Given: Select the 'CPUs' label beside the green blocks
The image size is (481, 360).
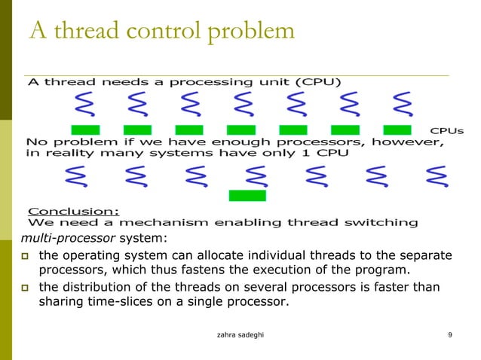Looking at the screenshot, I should [x=446, y=130].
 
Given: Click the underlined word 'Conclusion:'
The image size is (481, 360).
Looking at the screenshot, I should [x=73, y=210].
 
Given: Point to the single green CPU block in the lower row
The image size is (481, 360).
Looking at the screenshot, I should [x=247, y=196].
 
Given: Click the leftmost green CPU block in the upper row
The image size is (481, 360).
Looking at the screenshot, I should [x=85, y=130].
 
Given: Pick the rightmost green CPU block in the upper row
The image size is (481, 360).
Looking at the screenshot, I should [x=397, y=130].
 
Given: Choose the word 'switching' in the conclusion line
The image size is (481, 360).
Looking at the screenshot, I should [x=380, y=222].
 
